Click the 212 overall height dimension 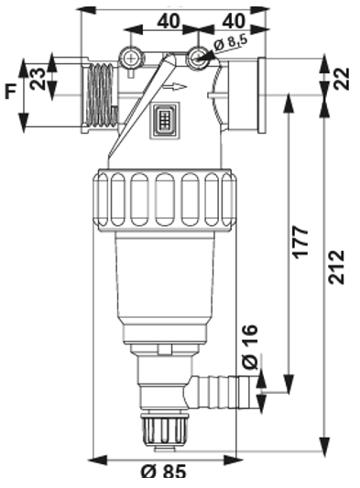point(337,266)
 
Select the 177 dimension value point(301,243)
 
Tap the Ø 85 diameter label point(164,472)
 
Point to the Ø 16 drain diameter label point(250,347)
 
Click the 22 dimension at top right point(342,79)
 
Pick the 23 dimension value point(38,79)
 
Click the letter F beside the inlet point(11,92)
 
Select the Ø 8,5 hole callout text point(231,44)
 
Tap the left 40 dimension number point(169,21)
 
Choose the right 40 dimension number point(234,21)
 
